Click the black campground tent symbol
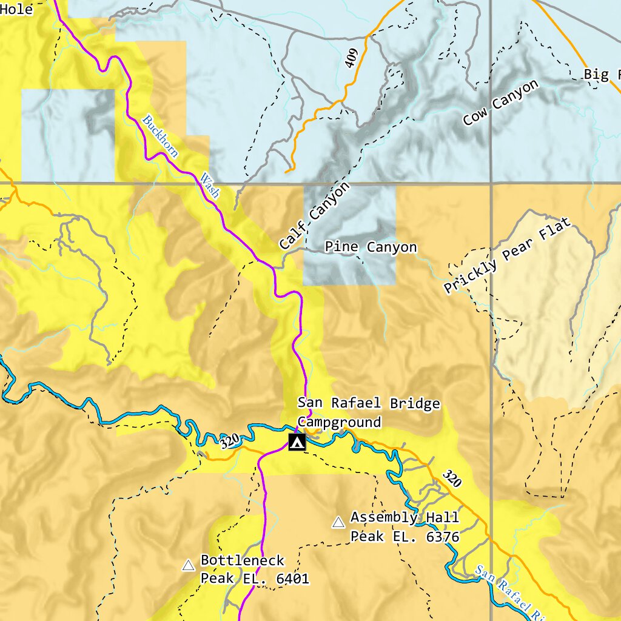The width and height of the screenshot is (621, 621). coord(297,443)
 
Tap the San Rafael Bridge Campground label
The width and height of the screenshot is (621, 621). coord(368,412)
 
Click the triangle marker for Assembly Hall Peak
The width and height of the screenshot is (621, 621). coord(338,522)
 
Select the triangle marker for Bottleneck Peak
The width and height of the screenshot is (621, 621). coord(189,565)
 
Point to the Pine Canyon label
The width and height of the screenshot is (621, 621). coord(371,247)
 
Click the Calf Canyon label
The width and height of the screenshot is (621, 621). coord(315,216)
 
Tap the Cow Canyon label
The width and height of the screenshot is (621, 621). coord(500,102)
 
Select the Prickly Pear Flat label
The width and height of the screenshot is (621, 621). coord(507,257)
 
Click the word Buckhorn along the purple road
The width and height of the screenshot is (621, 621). coord(161,136)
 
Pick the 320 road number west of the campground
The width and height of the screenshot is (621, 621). coord(230,441)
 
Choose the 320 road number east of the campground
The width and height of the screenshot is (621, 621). coord(452,478)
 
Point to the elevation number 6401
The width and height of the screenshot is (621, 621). coord(292,579)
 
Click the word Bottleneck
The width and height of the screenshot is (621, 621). coord(243,560)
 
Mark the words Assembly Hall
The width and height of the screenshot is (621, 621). coord(404,517)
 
